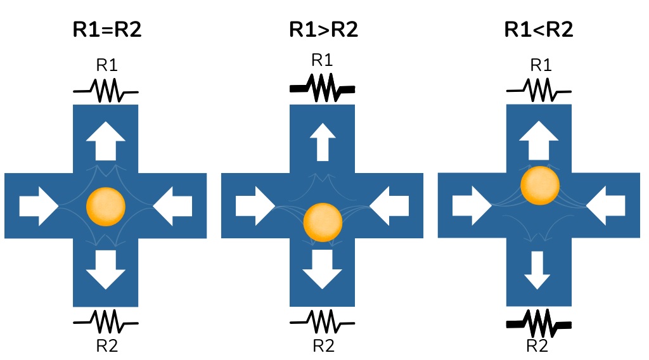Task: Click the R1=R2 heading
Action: [x=106, y=29]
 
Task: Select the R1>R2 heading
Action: [x=323, y=29]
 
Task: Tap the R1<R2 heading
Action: [x=539, y=29]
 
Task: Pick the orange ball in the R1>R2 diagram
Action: [x=323, y=221]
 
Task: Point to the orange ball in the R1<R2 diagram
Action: [x=540, y=186]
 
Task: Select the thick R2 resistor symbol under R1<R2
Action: [x=539, y=324]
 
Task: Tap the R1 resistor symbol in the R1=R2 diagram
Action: [x=106, y=91]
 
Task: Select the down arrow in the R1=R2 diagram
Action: [x=106, y=269]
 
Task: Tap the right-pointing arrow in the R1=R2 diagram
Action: [x=39, y=205]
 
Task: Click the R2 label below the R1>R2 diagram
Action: [x=323, y=346]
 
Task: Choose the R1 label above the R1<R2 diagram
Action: [x=539, y=65]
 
